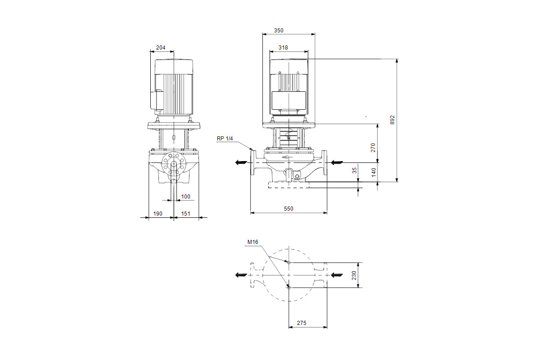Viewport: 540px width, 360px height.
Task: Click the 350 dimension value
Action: (279, 31)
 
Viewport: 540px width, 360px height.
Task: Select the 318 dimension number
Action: (283, 48)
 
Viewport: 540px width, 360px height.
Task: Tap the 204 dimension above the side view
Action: (161, 48)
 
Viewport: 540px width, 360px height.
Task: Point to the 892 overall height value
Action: (392, 120)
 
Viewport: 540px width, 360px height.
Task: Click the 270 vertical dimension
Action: (373, 148)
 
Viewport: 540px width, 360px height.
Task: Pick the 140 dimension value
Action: (373, 172)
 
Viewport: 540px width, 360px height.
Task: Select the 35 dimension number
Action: (355, 171)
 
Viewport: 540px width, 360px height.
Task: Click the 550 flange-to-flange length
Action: (288, 208)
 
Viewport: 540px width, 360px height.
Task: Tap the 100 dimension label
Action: (185, 197)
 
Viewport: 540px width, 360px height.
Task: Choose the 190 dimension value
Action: (157, 214)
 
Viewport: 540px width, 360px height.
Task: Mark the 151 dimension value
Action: (185, 214)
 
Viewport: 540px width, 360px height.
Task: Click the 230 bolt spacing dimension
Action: (354, 275)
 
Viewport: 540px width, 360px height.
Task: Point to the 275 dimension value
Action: (301, 323)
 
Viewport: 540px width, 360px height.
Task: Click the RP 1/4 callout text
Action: (225, 139)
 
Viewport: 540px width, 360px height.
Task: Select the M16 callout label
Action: (252, 242)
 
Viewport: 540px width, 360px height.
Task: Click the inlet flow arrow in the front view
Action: (337, 162)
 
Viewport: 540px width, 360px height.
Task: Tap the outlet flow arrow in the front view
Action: (241, 162)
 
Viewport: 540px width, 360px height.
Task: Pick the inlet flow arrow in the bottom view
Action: (337, 275)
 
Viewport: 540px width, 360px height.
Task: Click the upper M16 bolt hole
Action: (289, 263)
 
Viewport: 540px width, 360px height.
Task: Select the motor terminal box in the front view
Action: (289, 100)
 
